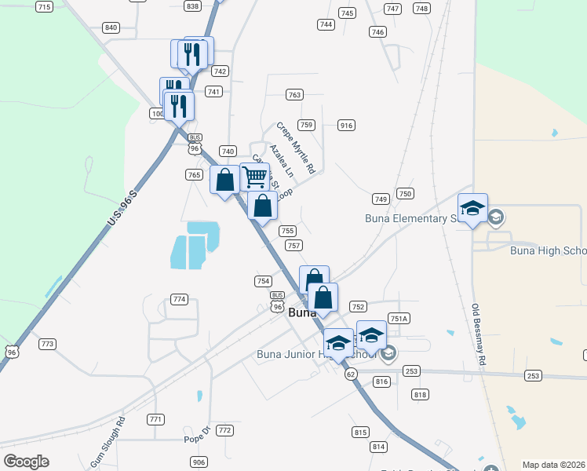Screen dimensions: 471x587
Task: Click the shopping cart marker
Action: (254, 177)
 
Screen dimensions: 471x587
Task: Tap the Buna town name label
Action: (301, 312)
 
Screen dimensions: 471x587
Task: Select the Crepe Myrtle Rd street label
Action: (295, 148)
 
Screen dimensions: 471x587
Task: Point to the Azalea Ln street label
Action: (280, 159)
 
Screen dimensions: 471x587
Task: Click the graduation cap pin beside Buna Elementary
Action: (472, 209)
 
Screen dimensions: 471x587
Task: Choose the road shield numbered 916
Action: (346, 126)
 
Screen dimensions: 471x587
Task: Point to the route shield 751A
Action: (399, 318)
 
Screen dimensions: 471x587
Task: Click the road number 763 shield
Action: (294, 95)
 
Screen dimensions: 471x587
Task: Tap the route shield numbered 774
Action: (180, 299)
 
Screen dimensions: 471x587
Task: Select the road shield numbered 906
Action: (199, 462)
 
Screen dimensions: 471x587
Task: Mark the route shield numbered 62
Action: (351, 375)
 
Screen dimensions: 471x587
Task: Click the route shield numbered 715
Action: (44, 7)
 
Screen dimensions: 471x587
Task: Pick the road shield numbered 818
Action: (420, 395)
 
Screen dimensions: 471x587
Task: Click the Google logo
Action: (26, 462)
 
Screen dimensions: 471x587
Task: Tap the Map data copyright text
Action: (553, 465)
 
